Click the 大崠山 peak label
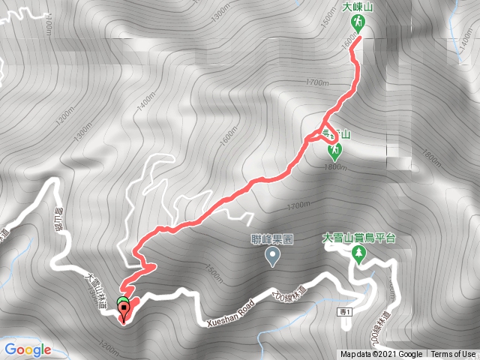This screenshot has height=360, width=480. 358,7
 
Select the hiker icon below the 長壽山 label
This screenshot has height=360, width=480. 335,150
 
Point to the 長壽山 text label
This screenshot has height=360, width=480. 336,133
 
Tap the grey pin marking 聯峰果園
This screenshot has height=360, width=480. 272,258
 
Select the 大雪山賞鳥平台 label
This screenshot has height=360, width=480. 358,238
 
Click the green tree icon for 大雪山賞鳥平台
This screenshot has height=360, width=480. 358,255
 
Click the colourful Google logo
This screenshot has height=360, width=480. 27,349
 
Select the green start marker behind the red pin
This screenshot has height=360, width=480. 121,301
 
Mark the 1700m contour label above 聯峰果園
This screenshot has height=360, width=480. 298,205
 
